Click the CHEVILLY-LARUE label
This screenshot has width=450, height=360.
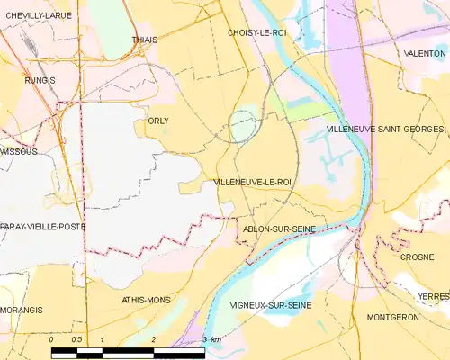point(38,15)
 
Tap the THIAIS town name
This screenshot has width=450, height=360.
point(144,40)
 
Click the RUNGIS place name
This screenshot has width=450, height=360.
point(40,80)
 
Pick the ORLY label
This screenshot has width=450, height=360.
point(157,121)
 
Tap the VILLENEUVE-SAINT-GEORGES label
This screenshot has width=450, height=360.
point(385,130)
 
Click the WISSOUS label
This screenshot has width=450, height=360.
point(19,152)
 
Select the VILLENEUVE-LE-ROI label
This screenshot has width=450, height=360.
point(253,182)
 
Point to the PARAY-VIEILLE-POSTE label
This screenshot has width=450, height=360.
point(42,227)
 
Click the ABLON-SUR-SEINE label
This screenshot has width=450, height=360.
point(280,229)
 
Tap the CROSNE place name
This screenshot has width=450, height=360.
point(417,256)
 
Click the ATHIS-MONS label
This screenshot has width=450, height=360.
point(146,300)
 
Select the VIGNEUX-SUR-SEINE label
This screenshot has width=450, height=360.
point(271,306)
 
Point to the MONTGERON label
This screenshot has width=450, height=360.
point(393,318)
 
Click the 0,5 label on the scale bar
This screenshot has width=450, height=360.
point(77,339)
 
